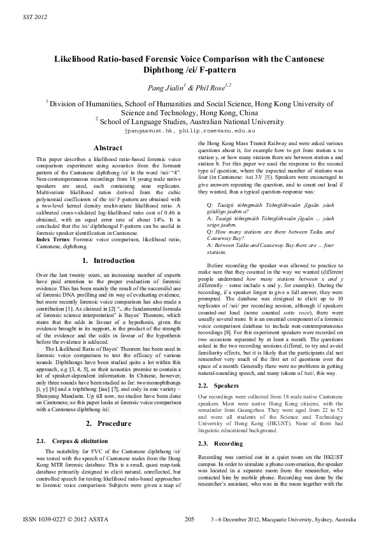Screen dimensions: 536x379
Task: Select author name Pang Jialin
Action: tap(163, 87)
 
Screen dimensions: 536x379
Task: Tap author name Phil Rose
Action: tap(211, 87)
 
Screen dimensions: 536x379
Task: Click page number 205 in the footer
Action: tap(189, 519)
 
